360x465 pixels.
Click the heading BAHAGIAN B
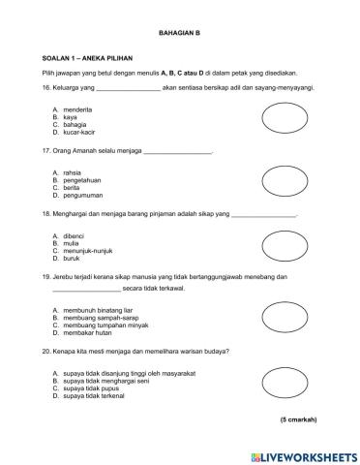pos(179,34)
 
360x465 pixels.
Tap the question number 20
pos(46,350)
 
